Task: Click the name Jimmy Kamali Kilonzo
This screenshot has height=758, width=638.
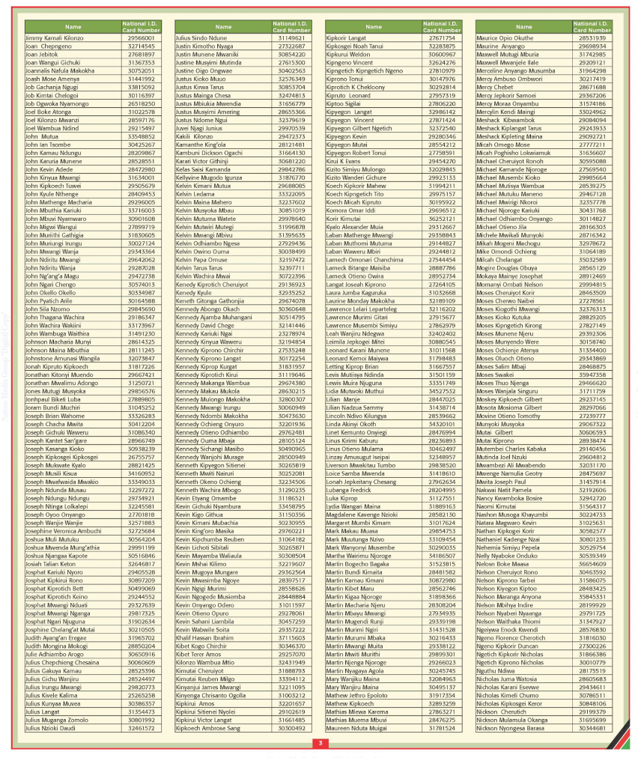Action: [55, 37]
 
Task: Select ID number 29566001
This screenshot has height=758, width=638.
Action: [141, 37]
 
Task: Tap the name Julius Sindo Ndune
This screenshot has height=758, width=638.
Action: [201, 37]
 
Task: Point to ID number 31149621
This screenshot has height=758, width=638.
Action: [291, 37]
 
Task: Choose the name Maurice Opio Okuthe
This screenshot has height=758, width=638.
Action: [505, 37]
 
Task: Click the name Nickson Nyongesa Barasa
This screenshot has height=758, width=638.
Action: [510, 727]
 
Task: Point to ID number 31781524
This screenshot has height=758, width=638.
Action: [442, 727]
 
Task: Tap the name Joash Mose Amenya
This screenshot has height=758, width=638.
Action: [52, 79]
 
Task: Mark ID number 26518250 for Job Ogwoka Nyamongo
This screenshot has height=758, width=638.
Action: [141, 103]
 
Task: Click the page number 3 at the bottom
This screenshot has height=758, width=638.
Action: [319, 743]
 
